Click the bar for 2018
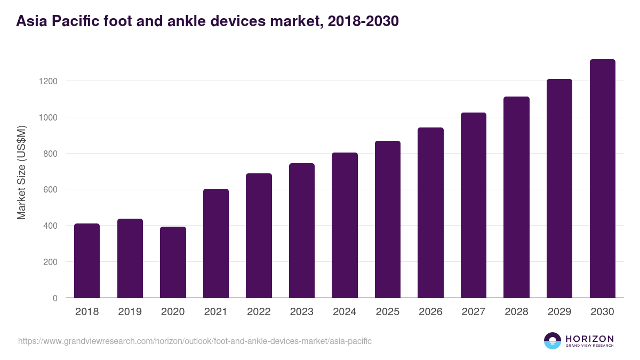point(87,261)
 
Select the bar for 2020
point(173,262)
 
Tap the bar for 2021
point(216,243)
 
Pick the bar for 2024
point(345,225)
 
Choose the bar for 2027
point(474,205)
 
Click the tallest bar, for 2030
point(602,179)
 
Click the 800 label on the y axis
point(51,154)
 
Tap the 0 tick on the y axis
point(55,298)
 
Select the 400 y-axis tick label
point(51,226)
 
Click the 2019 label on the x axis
point(130,312)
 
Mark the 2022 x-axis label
point(259,312)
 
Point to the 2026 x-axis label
point(430,312)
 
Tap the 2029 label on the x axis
point(559,312)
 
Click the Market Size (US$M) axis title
point(21,172)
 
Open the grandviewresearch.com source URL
point(195,341)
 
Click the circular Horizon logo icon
point(553,341)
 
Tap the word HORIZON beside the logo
point(589,339)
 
